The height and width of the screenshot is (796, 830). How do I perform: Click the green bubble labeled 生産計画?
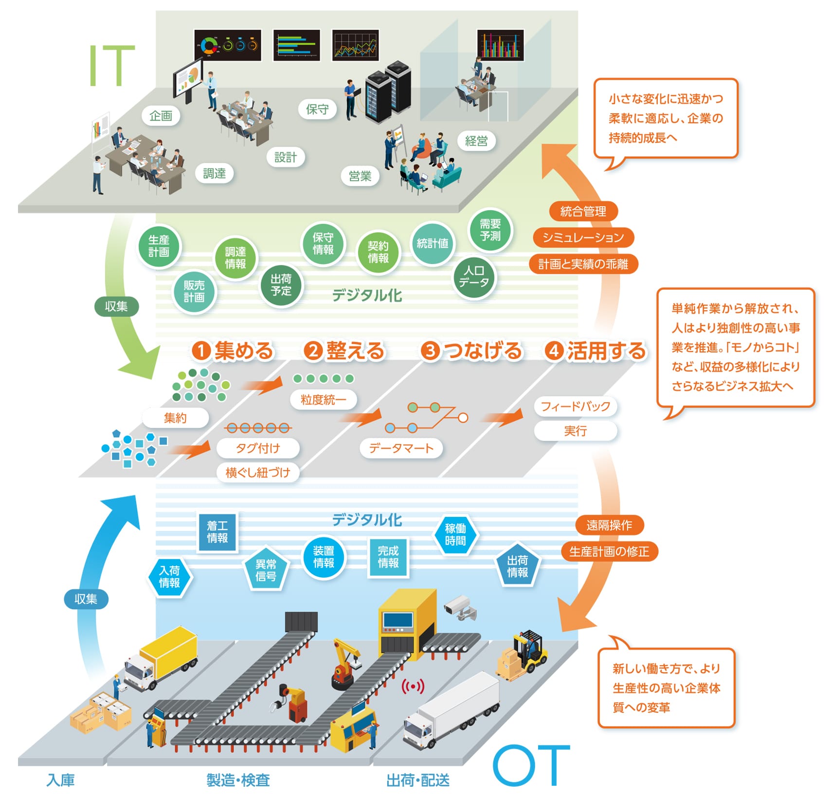tap(159, 246)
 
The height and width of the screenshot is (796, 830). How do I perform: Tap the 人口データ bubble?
tap(474, 277)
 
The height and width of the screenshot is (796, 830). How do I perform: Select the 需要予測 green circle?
tap(490, 230)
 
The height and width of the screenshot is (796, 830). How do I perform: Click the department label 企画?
tap(161, 116)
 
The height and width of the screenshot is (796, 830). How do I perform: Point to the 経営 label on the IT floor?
tap(476, 141)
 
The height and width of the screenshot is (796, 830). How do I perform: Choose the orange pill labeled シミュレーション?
tap(583, 237)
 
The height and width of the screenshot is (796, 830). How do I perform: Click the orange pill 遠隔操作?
tap(609, 525)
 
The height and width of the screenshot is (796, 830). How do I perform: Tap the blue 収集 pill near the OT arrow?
tap(86, 599)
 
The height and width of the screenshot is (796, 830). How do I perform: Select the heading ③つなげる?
tap(471, 351)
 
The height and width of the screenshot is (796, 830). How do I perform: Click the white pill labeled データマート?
tap(401, 448)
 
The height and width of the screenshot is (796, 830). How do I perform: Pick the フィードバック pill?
tap(575, 406)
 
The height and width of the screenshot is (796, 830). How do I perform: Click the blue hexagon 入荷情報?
tap(169, 577)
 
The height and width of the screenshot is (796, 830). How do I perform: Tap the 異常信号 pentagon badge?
tap(266, 570)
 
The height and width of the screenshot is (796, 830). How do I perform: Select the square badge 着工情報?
tap(217, 532)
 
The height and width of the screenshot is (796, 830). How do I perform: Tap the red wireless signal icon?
tap(413, 687)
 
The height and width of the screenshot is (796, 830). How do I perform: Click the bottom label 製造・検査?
tap(238, 780)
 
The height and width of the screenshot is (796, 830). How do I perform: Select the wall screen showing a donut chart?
tap(227, 45)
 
